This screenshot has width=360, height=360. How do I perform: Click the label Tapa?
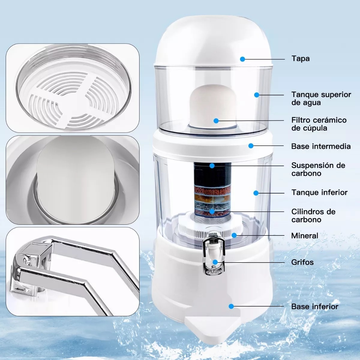pos(300,58)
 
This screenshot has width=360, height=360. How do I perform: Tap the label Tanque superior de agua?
pos(321,98)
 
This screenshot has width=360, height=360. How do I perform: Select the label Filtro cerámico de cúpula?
pos(319,124)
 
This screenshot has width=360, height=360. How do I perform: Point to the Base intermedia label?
pos(320,146)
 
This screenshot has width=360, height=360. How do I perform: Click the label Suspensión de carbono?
pos(318,169)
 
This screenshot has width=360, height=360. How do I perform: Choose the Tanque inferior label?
pos(319,192)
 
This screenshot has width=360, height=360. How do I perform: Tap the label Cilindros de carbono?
pos(313,215)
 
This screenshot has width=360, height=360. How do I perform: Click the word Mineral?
pos(304,235)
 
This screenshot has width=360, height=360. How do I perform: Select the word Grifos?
pos(302,262)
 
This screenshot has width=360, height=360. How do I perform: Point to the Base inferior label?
pos(314,306)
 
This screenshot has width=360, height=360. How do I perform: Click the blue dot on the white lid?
pos(242,59)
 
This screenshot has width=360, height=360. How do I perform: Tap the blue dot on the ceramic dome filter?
pos(216,121)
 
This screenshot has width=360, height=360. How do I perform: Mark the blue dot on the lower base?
pos(231,306)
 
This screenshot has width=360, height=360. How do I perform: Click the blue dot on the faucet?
pos(215,262)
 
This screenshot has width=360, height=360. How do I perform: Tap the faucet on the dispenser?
pos(213,252)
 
